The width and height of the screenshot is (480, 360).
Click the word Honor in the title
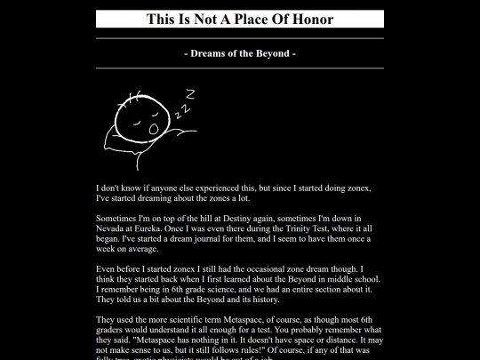(312, 19)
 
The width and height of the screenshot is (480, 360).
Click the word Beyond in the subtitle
(268, 53)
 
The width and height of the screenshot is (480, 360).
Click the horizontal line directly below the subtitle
(240, 68)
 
